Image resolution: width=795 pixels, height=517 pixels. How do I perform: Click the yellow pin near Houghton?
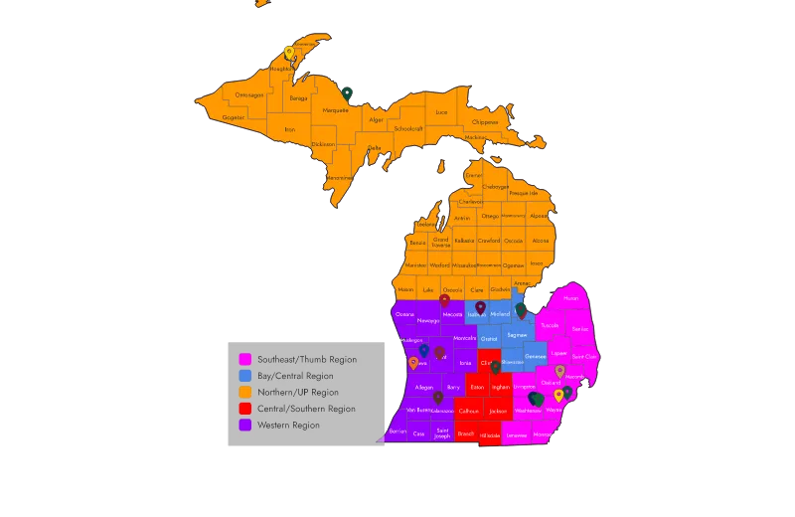(x=289, y=53)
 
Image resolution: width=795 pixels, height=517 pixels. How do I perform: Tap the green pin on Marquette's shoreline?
(x=349, y=94)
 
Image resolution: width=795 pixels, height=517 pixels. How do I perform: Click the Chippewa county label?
(x=485, y=122)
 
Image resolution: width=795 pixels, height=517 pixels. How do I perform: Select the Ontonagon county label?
(x=249, y=95)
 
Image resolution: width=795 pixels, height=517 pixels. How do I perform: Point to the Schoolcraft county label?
(x=408, y=128)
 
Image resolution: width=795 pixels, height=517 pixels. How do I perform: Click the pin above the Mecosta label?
(x=445, y=301)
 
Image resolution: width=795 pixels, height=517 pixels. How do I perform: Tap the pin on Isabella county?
(x=480, y=308)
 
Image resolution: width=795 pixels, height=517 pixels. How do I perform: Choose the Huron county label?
(x=570, y=298)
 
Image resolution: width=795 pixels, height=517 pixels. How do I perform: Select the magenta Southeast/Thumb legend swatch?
(x=245, y=359)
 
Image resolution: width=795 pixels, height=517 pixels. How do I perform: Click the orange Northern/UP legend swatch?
(x=245, y=392)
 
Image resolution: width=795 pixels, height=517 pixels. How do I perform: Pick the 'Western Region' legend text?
(x=288, y=425)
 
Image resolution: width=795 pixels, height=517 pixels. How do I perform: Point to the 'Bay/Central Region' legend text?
(x=295, y=376)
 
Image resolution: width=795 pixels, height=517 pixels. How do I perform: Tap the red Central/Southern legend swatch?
(x=245, y=409)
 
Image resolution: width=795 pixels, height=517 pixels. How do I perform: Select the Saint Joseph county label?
(x=443, y=432)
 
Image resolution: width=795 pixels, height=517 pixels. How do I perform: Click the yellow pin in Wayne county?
(x=558, y=396)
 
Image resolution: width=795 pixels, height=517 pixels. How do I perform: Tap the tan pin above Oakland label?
(x=559, y=372)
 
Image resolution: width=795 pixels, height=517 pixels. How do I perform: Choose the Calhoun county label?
(x=468, y=411)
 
